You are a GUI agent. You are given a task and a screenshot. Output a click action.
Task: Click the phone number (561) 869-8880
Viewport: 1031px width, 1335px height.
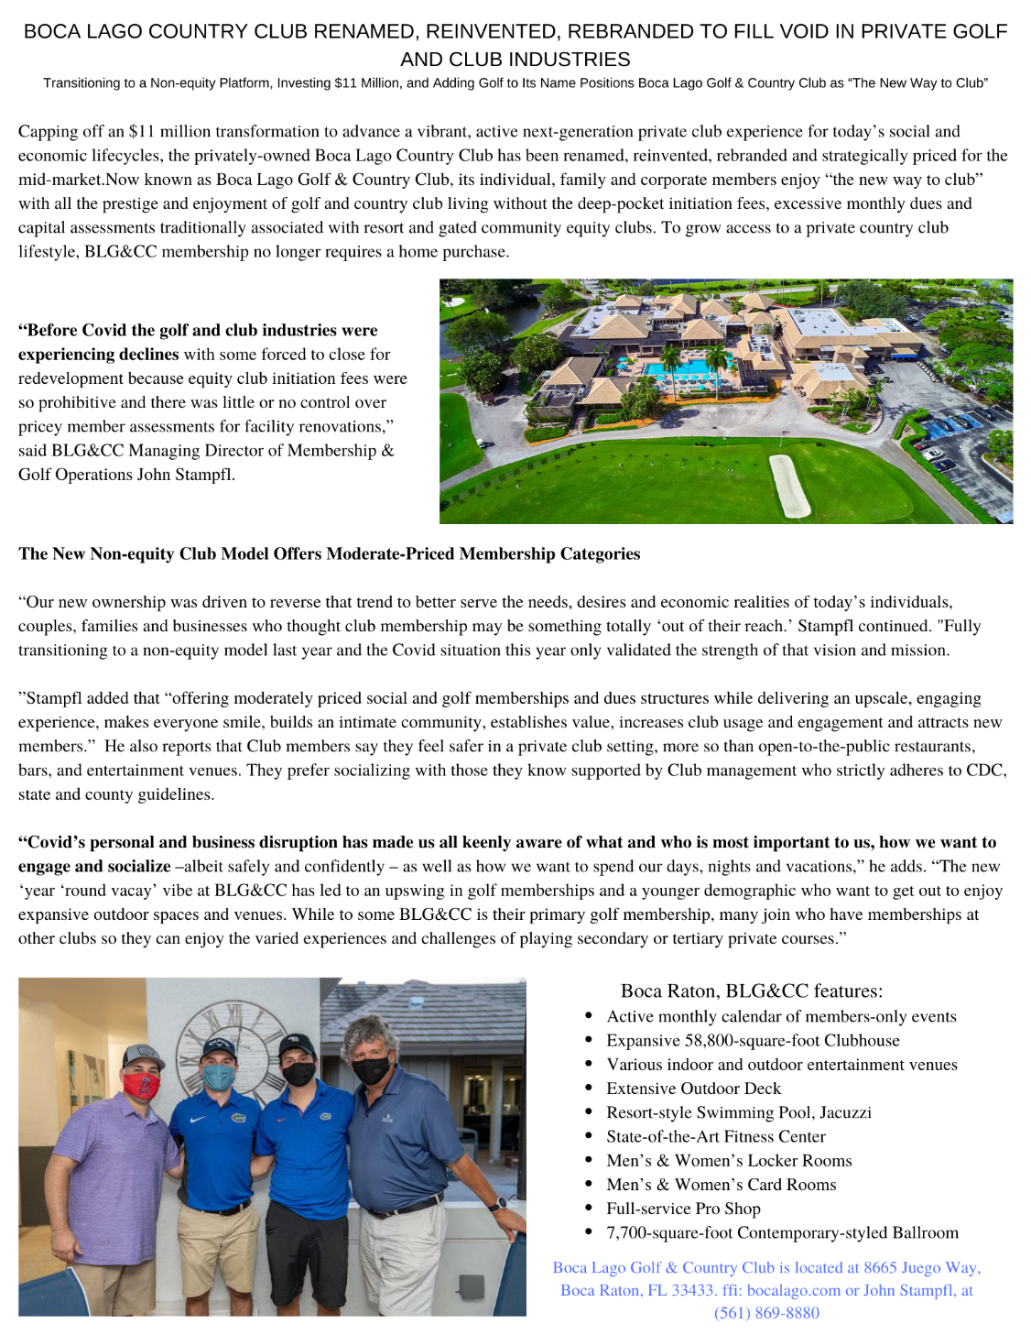pyautogui.click(x=766, y=1312)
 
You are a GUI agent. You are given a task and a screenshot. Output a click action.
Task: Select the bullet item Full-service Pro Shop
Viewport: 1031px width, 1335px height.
pyautogui.click(x=683, y=1208)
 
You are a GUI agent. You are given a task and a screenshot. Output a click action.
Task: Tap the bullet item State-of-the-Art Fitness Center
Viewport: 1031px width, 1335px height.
pyautogui.click(x=715, y=1136)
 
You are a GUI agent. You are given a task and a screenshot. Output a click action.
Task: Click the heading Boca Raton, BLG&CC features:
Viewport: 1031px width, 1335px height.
pyautogui.click(x=751, y=990)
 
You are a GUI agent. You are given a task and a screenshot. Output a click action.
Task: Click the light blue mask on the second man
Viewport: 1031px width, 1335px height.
pyautogui.click(x=219, y=1076)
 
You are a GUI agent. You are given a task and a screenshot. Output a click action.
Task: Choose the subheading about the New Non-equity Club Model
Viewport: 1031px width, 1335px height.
pyautogui.click(x=329, y=553)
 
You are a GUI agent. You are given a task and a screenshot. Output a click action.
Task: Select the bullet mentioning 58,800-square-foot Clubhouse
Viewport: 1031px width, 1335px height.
pyautogui.click(x=753, y=1040)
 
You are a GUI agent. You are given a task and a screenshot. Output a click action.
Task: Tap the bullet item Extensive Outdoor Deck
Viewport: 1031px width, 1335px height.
pyautogui.click(x=693, y=1088)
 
